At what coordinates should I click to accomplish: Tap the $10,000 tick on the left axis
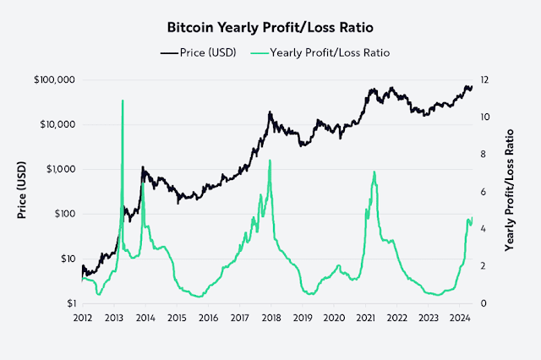pyautogui.click(x=56, y=124)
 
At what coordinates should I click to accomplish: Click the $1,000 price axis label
pyautogui.click(x=58, y=169)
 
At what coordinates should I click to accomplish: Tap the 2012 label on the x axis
pyautogui.click(x=82, y=319)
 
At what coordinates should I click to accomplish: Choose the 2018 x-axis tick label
pyautogui.click(x=270, y=319)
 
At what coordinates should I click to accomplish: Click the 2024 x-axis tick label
pyautogui.click(x=459, y=319)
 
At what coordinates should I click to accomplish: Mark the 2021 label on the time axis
pyautogui.click(x=365, y=319)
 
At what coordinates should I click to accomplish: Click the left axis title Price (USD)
pyautogui.click(x=22, y=191)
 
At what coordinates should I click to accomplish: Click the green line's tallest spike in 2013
pyautogui.click(x=123, y=101)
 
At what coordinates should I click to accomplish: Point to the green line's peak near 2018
pyautogui.click(x=270, y=161)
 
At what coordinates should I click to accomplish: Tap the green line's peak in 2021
pyautogui.click(x=374, y=172)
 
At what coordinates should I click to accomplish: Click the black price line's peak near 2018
pyautogui.click(x=270, y=112)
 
